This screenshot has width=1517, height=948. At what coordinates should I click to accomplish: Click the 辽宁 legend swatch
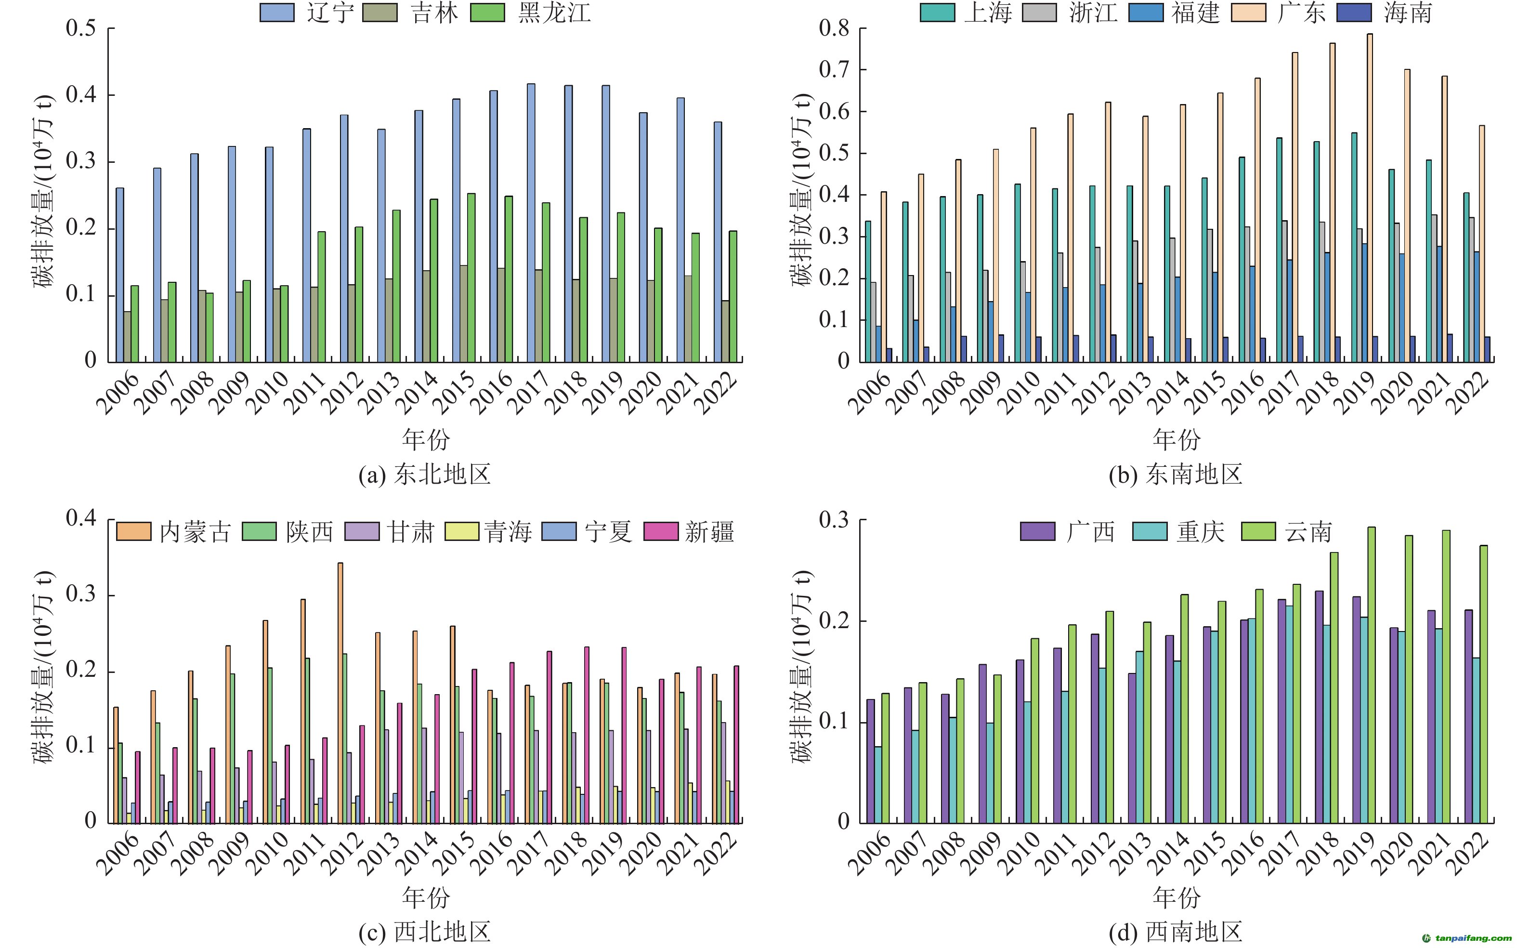click(277, 13)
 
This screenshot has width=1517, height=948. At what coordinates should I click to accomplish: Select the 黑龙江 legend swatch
click(488, 13)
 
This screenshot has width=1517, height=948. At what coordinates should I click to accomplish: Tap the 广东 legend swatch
click(1248, 13)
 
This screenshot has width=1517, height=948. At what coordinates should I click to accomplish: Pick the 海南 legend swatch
click(1354, 13)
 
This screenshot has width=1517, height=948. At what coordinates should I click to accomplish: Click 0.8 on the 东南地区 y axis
click(834, 28)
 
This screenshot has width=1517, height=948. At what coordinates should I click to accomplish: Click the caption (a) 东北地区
click(424, 474)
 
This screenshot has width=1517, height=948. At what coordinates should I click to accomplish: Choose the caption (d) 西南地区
click(1176, 932)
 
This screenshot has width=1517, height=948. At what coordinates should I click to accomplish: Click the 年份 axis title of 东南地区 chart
click(1177, 439)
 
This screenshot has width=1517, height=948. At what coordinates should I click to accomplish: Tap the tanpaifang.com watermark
click(1467, 938)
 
